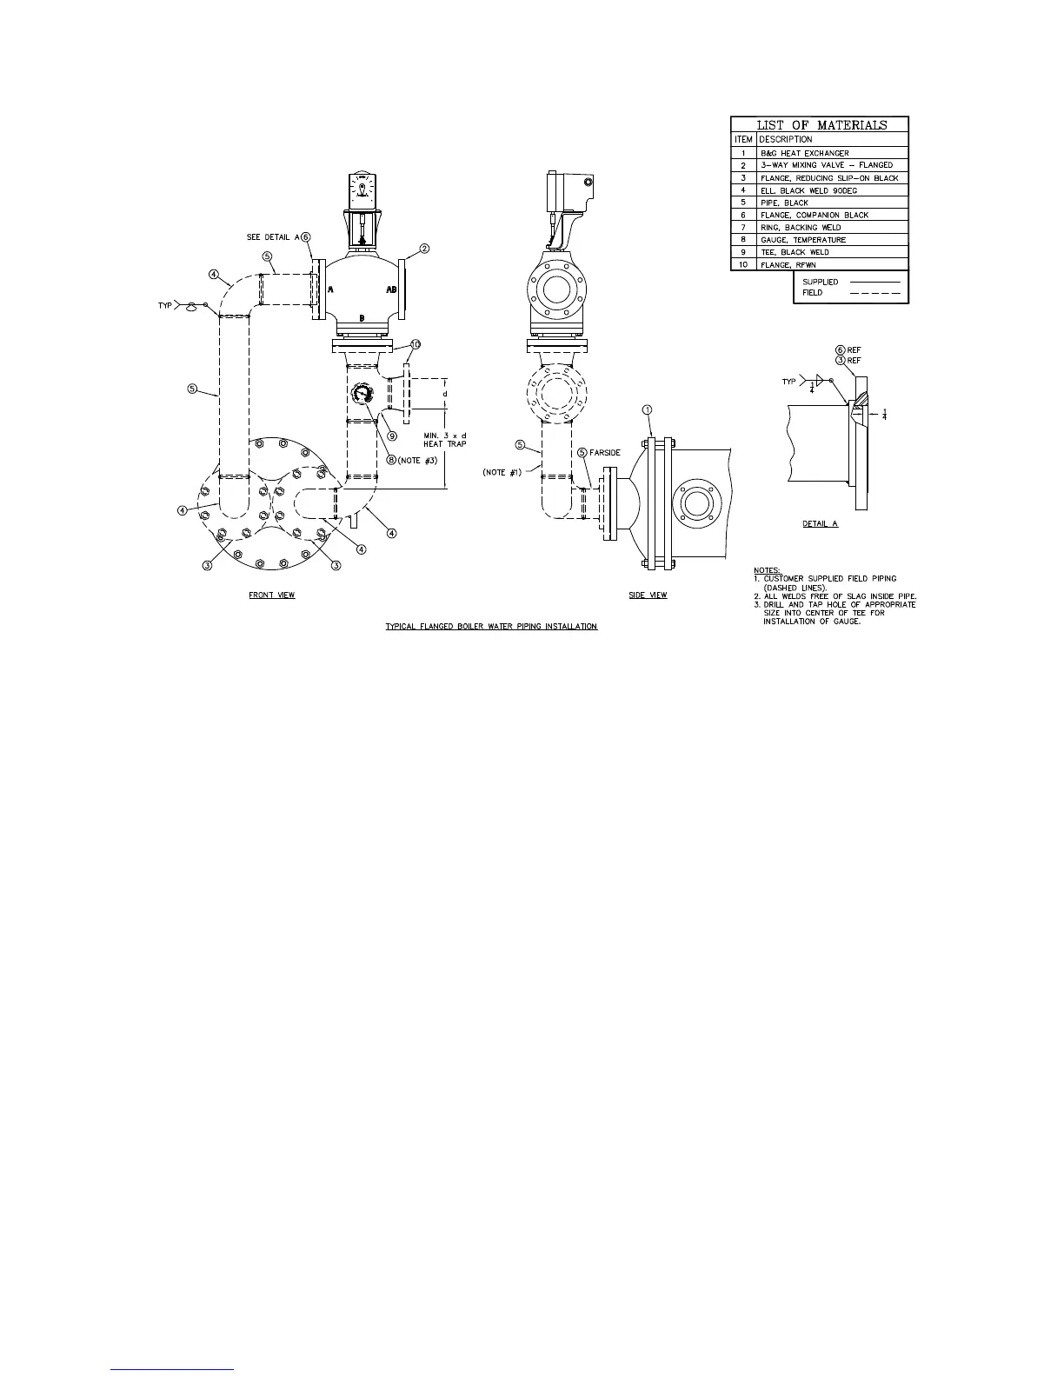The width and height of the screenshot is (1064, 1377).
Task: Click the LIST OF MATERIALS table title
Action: pyautogui.click(x=821, y=124)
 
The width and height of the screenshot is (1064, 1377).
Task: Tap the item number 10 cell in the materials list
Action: pyautogui.click(x=743, y=264)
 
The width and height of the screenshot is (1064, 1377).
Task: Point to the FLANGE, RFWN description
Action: pyautogui.click(x=788, y=264)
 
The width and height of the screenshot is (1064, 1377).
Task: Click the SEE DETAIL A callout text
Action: pyautogui.click(x=271, y=237)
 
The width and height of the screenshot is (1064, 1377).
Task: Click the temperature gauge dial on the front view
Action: pyautogui.click(x=362, y=394)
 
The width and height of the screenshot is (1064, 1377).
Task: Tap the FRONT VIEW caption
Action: pyautogui.click(x=272, y=595)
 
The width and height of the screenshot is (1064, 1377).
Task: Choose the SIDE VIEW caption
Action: pyautogui.click(x=648, y=595)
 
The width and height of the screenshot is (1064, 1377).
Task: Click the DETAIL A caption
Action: pyautogui.click(x=820, y=524)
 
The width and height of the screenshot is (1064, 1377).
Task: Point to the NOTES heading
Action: pyautogui.click(x=767, y=570)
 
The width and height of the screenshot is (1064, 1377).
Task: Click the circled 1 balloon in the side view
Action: pyautogui.click(x=647, y=409)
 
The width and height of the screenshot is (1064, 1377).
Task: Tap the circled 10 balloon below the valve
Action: pyautogui.click(x=415, y=344)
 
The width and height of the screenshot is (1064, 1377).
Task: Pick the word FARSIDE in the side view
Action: pyautogui.click(x=605, y=453)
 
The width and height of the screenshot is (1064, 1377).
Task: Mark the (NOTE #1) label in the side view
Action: pyautogui.click(x=501, y=472)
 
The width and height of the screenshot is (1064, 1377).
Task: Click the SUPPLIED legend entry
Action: pyautogui.click(x=820, y=282)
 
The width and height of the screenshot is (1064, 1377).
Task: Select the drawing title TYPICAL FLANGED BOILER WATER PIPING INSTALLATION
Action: pyautogui.click(x=491, y=627)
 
